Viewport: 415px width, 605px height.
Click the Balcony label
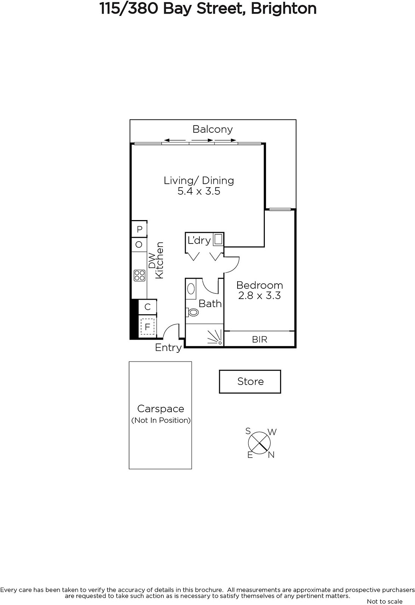coord(212,130)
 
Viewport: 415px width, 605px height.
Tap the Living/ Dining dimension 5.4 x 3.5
coord(199,191)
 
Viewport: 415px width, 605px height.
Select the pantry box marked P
coord(140,229)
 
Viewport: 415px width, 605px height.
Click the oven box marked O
coord(139,245)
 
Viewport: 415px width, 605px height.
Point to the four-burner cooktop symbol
coord(140,276)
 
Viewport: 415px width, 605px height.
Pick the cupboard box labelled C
coord(148,307)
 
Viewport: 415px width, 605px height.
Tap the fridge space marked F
coord(148,327)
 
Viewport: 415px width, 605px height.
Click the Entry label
coord(168,348)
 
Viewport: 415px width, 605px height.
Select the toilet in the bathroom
coord(192,312)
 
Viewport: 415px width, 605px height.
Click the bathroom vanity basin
coord(191,289)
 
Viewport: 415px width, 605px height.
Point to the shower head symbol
coord(215,338)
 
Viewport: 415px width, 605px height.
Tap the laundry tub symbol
coord(218,240)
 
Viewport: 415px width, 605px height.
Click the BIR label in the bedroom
coord(260,340)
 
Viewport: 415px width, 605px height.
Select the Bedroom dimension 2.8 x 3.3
coord(260,296)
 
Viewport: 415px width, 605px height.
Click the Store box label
coord(250,382)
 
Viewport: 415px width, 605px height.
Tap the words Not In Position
coord(161,420)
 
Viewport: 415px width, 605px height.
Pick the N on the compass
coord(271,455)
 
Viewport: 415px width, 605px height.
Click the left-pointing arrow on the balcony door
coord(175,140)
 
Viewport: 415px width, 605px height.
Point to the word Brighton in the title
coord(284,9)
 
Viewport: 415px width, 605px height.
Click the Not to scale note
coord(384,601)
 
